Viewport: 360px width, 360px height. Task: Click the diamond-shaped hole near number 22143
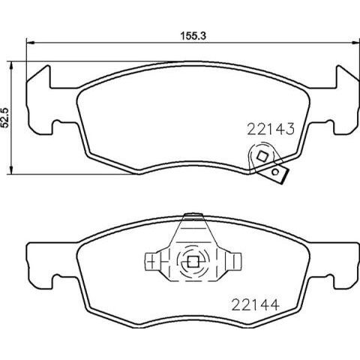(262, 157)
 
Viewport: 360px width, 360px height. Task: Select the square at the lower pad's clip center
(191, 262)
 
